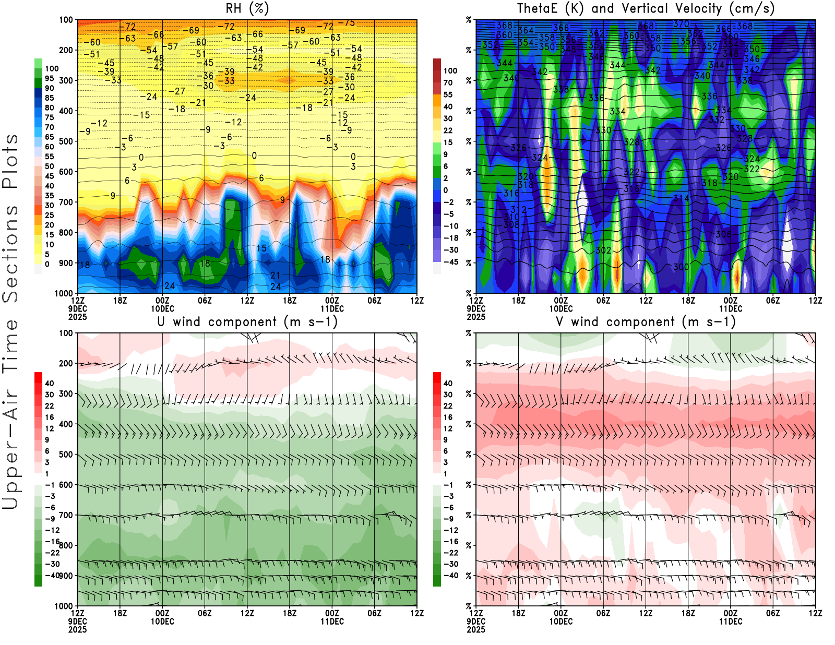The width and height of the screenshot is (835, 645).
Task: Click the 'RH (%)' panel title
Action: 247,8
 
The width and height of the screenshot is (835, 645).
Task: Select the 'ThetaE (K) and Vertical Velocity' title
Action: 646,8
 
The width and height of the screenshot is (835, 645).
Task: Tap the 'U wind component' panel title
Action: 247,321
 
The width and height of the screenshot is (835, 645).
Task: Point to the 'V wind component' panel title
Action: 646,321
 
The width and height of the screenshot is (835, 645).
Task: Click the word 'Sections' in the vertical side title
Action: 10,254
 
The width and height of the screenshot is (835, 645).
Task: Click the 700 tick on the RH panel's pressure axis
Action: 66,202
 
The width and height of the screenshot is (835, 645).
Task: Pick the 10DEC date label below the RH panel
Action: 162,308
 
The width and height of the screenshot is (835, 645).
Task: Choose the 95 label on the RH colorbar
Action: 49,78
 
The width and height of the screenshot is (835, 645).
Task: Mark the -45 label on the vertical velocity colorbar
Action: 450,262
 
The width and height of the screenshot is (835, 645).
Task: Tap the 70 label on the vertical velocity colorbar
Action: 448,82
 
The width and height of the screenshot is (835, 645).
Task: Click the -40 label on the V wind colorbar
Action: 450,575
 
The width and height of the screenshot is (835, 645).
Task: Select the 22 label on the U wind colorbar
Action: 49,405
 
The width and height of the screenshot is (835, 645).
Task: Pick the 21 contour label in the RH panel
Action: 275,275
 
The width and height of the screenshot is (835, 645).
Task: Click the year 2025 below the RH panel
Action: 78,317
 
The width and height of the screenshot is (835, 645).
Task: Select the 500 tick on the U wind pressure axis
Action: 66,454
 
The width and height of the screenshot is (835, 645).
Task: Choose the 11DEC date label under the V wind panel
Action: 731,622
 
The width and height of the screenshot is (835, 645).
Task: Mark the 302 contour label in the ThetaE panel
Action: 603,250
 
